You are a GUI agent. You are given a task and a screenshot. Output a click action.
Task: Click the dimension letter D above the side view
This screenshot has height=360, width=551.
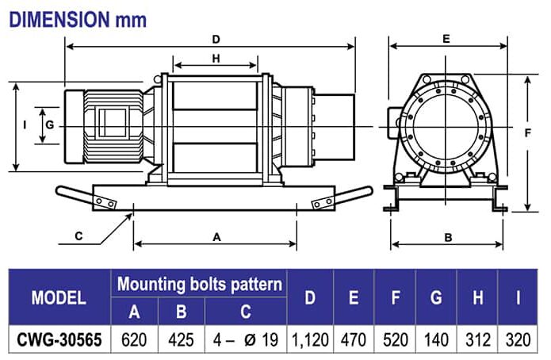216,39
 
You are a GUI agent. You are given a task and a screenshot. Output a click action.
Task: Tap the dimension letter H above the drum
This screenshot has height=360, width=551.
216,59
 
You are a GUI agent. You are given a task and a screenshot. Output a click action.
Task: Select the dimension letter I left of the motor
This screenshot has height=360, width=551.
25,124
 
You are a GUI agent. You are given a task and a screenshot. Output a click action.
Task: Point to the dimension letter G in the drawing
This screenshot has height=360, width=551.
49,124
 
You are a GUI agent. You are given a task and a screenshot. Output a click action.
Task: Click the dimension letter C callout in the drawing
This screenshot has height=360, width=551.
78,236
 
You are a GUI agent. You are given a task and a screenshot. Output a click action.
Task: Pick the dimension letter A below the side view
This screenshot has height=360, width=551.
216,236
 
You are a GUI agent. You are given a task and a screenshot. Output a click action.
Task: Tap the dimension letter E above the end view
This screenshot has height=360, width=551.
446,38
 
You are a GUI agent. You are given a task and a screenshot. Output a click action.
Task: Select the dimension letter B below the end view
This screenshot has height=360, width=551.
448,236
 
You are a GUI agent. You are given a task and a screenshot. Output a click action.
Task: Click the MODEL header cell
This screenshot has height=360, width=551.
59,298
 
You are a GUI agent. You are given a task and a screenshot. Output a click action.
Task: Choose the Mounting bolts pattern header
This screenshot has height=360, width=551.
200,284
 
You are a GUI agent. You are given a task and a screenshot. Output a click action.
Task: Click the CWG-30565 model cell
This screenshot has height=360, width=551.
59,339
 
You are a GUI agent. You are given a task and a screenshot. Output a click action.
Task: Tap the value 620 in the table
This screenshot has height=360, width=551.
134,339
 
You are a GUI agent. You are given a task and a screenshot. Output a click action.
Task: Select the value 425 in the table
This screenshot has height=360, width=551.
181,339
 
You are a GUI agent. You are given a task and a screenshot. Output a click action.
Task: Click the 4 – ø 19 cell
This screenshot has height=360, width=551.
245,339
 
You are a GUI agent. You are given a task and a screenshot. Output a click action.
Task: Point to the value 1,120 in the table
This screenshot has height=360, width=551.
309,339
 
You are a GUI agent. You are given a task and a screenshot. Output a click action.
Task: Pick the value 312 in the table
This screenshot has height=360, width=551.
477,339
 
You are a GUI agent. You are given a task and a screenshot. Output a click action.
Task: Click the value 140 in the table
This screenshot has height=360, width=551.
435,339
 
